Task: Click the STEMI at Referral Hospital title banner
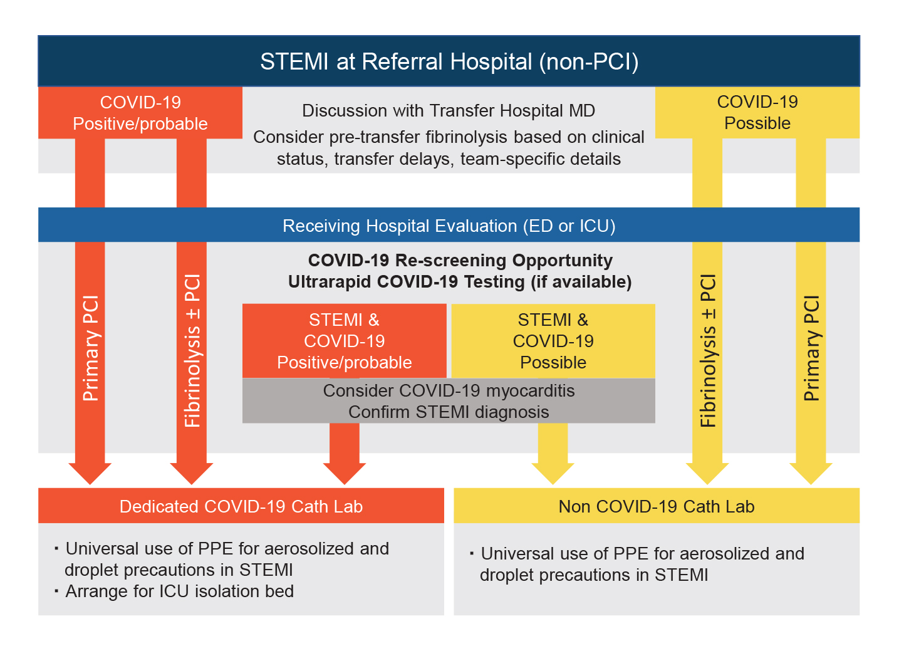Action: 449,61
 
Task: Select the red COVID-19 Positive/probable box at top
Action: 140,113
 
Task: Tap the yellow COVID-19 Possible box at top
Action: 757,113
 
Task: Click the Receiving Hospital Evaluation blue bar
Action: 449,226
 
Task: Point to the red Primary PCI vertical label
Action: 90,348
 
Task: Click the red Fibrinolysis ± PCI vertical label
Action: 192,351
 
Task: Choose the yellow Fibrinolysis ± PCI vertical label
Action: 707,351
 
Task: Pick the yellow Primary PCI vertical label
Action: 811,348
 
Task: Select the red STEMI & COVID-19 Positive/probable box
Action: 345,341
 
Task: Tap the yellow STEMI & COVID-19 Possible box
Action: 553,341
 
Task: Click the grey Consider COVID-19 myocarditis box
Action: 449,401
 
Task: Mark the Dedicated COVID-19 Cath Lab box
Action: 241,506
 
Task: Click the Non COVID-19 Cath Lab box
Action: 656,506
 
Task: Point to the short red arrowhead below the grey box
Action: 345,472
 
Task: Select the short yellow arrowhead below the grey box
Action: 553,472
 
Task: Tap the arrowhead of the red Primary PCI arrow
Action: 90,473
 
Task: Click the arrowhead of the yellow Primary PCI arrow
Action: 811,473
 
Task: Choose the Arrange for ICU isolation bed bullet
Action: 179,591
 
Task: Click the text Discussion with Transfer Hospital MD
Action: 449,111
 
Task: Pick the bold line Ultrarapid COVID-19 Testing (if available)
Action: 460,282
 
